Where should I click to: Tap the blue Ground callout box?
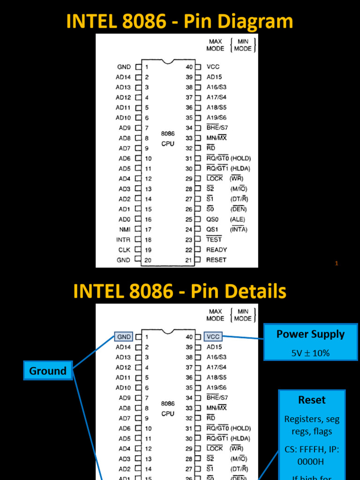48,371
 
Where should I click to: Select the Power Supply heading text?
310,334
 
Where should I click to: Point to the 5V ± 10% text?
310,353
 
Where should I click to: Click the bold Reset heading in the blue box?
312,400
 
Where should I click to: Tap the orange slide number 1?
337,263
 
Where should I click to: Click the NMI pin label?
124,229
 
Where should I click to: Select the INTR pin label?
123,240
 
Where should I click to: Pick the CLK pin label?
124,250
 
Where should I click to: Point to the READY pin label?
217,250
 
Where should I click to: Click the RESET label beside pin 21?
216,260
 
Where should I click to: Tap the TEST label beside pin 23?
214,240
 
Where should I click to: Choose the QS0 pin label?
212,219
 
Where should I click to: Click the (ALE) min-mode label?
237,219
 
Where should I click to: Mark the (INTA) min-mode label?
239,229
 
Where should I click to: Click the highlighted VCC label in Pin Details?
213,337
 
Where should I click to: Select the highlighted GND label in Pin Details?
124,337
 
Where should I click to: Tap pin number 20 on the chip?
148,260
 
